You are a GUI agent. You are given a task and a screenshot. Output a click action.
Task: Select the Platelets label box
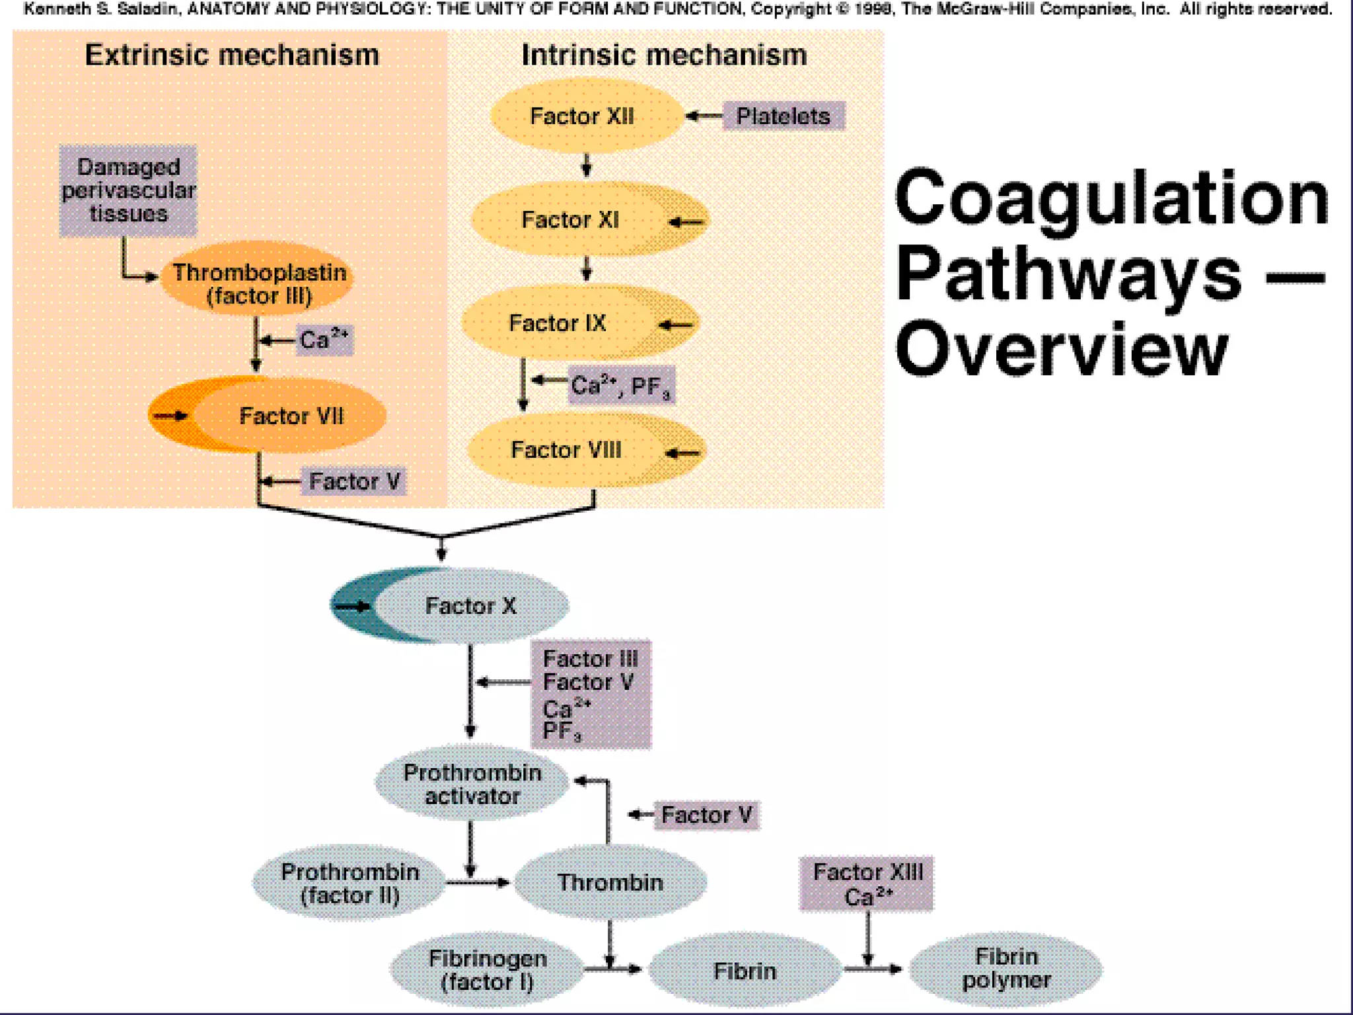tap(784, 116)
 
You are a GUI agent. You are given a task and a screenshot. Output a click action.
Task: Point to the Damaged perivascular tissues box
tap(128, 190)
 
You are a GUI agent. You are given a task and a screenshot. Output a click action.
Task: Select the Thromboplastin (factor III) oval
tap(258, 283)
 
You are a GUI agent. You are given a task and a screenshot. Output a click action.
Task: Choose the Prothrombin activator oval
tap(472, 784)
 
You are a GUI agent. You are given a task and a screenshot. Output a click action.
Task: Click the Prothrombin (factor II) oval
tap(349, 883)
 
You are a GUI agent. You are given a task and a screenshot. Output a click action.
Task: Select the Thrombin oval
tap(610, 882)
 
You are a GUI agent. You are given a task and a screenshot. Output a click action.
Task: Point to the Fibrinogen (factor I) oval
tap(488, 969)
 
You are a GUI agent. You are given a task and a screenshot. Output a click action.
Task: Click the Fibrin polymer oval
tap(1006, 968)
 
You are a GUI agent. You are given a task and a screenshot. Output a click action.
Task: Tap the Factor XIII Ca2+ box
tap(867, 883)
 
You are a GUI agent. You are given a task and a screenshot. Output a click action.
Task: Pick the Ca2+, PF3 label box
tap(621, 385)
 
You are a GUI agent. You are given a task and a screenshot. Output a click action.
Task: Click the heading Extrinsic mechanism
tap(232, 55)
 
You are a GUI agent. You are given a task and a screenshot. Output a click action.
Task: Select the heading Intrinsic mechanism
tap(664, 55)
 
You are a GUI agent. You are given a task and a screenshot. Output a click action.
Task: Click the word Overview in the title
tap(1061, 349)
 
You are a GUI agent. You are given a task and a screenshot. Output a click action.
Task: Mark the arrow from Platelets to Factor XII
tap(704, 116)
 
